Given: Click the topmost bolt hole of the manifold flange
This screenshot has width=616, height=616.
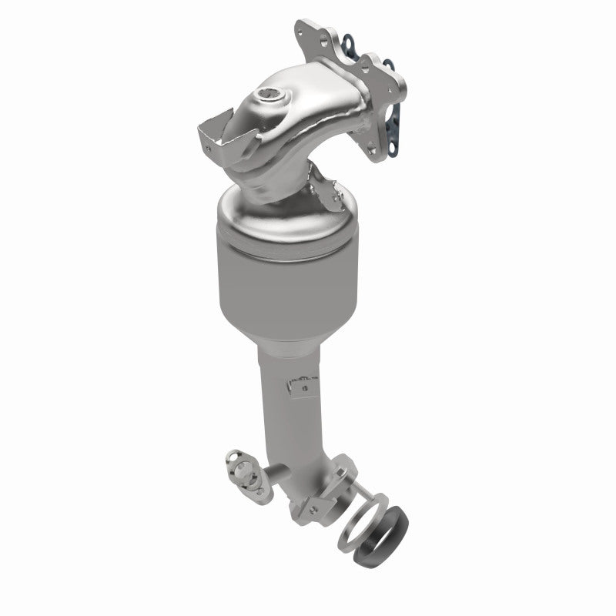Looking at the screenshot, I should [x=300, y=32].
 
